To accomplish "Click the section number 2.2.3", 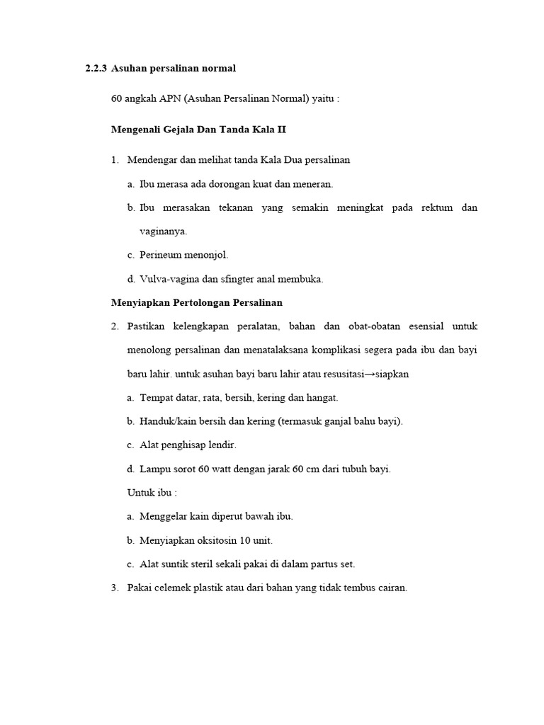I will (96, 69).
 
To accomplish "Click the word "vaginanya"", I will (163, 232).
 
